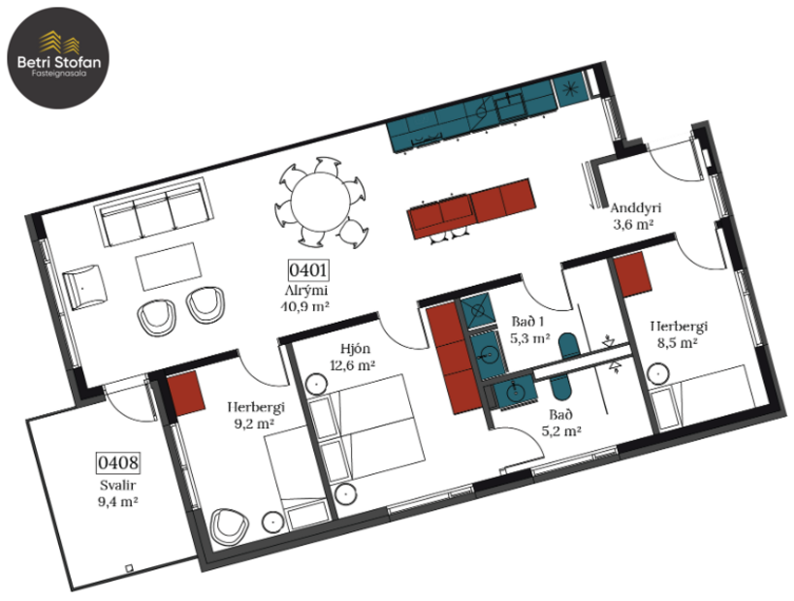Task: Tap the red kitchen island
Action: click(471, 207)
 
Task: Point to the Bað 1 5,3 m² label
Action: click(529, 332)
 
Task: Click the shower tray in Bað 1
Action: click(477, 312)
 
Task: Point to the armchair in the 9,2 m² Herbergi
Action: click(229, 526)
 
